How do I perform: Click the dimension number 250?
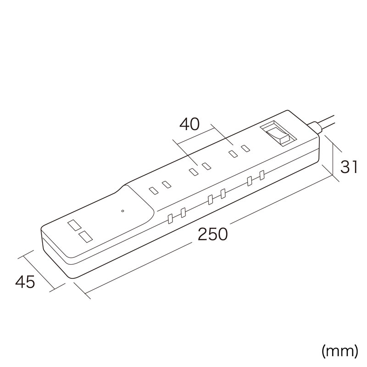212,234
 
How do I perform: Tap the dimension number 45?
25,282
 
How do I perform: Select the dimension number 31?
349,167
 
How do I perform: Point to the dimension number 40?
189,124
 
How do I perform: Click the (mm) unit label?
340,351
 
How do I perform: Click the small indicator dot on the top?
122,211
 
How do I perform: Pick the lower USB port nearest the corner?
86,236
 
